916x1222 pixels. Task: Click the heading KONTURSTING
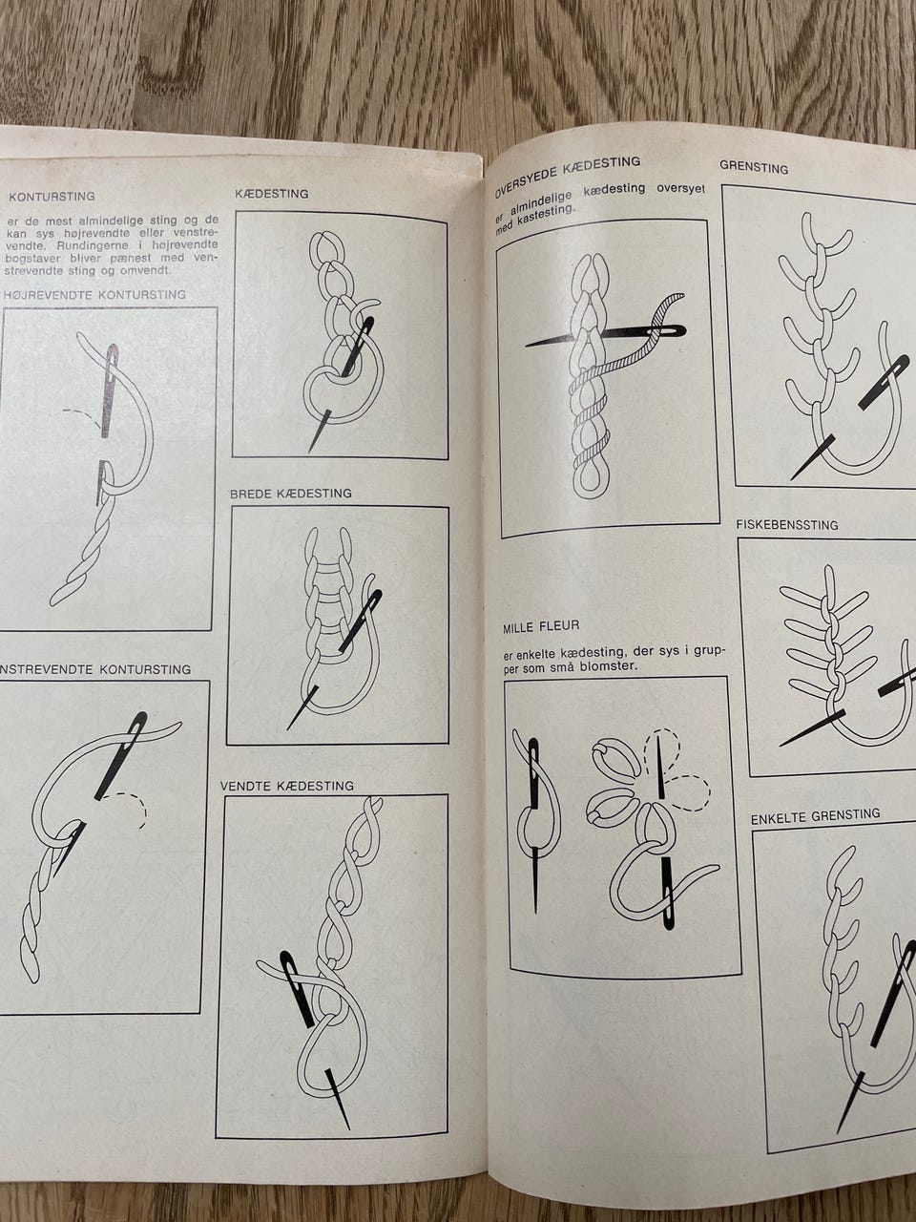tap(52, 197)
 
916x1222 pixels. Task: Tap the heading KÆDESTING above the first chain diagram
tap(272, 194)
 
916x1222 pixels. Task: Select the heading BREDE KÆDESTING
tap(291, 494)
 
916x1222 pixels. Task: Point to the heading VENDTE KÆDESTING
tap(287, 786)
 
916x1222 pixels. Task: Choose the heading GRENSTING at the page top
tap(754, 167)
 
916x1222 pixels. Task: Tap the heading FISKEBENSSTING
tap(786, 524)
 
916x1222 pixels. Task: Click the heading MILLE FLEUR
tap(541, 626)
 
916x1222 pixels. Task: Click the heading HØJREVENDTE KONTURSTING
tap(94, 294)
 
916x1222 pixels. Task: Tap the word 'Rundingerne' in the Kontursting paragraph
tap(76, 246)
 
